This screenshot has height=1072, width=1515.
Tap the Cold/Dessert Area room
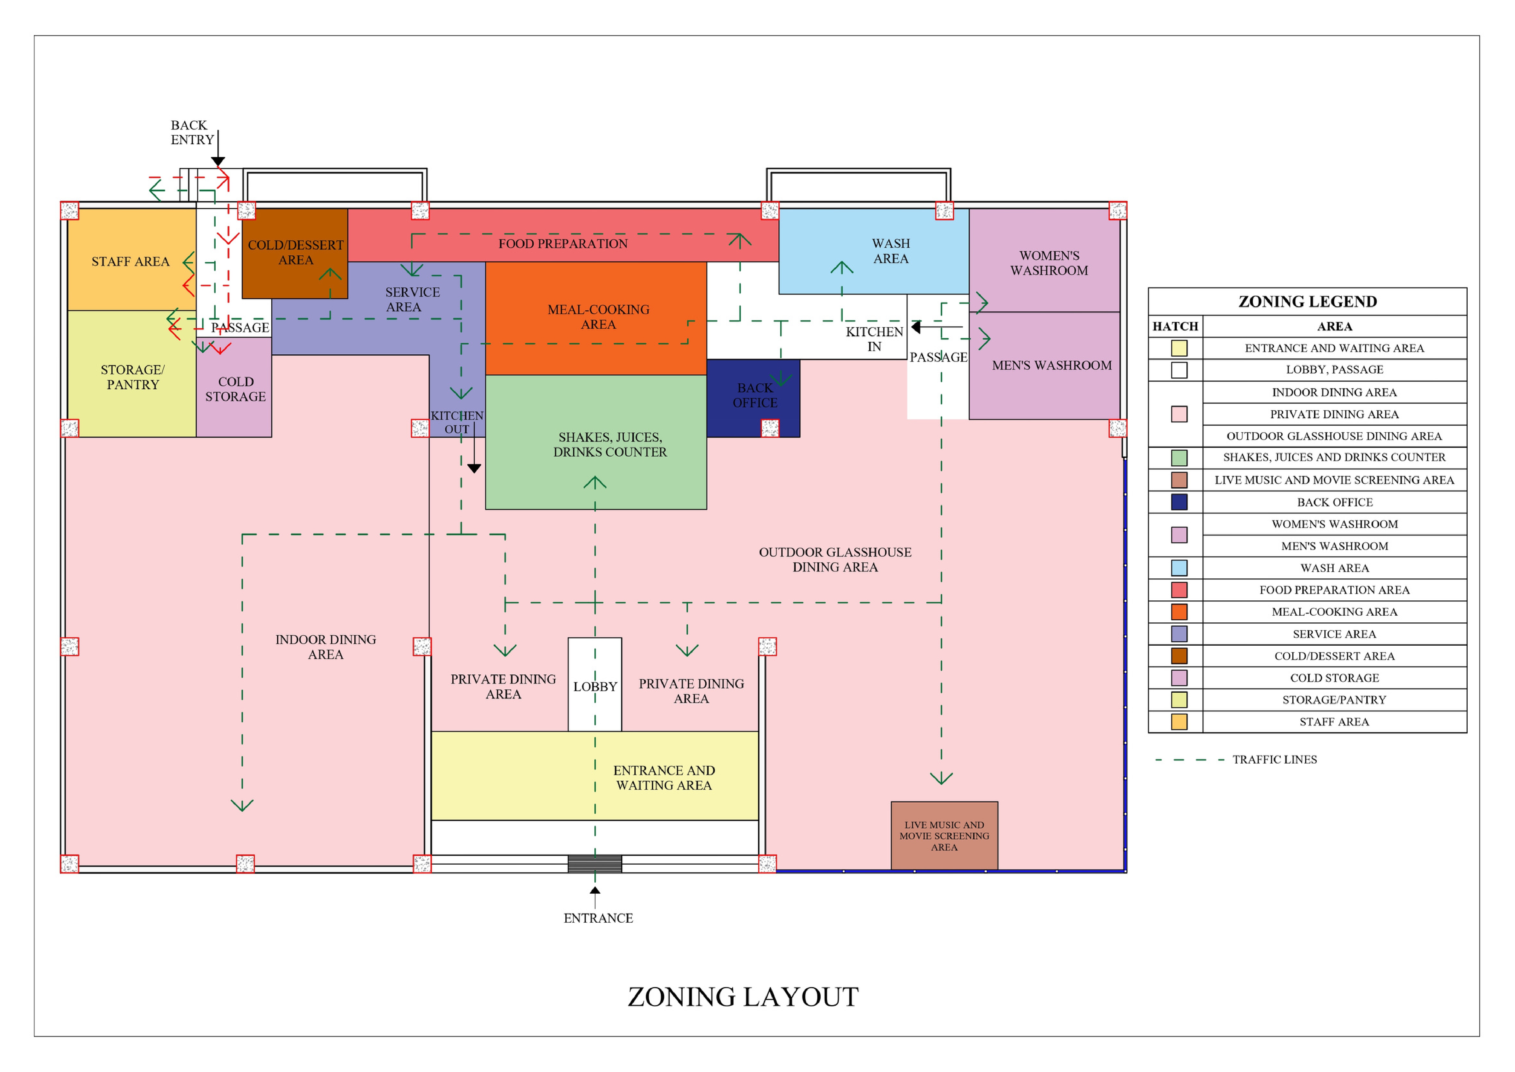pos(295,253)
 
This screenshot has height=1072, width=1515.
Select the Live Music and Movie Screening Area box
pos(944,836)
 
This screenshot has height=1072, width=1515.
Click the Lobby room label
pos(595,687)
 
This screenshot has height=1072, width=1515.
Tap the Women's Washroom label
pos(1049,263)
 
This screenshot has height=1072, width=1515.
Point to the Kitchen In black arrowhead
pos(916,327)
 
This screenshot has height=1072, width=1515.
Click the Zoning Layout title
pos(743,997)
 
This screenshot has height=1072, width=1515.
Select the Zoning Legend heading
pos(1307,302)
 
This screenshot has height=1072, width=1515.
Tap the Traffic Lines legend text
pos(1274,760)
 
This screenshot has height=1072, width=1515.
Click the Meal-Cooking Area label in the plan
pos(598,317)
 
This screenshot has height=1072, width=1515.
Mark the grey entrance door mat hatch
pos(595,863)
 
